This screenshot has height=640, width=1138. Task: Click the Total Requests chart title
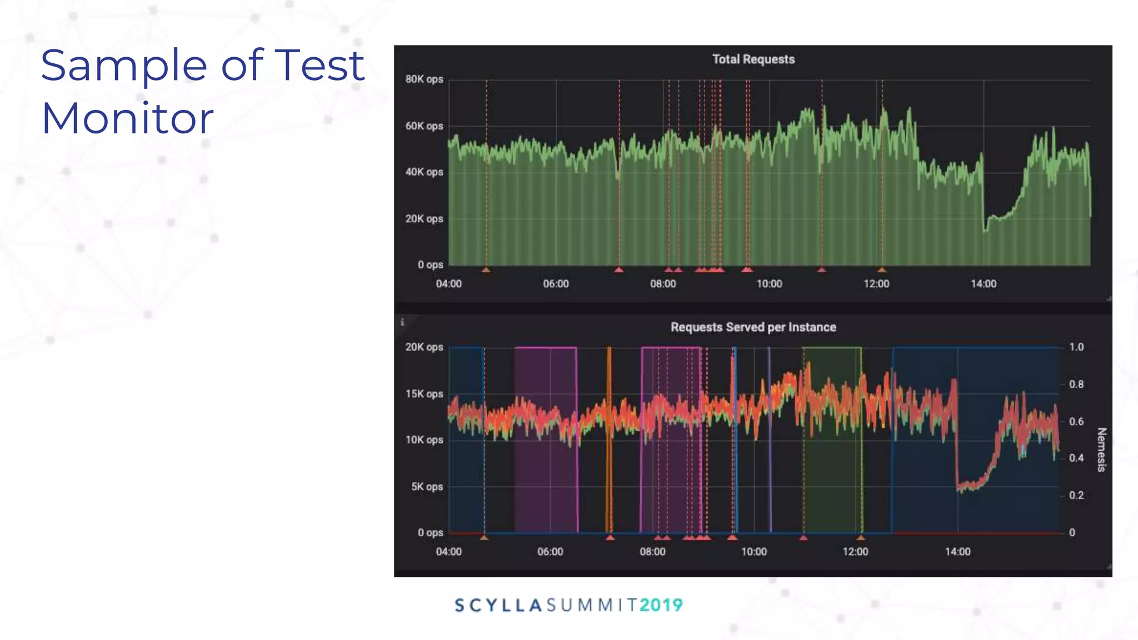[x=753, y=59]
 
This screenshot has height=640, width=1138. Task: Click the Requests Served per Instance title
[x=753, y=327]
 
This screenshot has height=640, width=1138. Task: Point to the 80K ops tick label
[x=424, y=79]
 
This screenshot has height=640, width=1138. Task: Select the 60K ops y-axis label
[x=424, y=126]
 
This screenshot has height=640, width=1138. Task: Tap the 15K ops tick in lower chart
[x=424, y=394]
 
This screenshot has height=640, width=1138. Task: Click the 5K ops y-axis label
[x=427, y=487]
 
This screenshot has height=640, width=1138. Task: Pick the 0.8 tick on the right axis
[x=1076, y=384]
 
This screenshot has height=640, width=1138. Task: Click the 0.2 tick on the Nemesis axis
[x=1076, y=496]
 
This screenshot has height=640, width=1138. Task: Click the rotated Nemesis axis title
[x=1101, y=449]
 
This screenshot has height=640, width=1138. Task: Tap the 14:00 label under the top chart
[x=983, y=284]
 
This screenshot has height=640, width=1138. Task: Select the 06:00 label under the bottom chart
[x=550, y=552]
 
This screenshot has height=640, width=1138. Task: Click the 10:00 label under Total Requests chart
[x=769, y=284]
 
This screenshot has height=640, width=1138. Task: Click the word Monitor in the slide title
[x=127, y=118]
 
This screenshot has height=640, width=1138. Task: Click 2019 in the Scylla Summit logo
[x=661, y=605]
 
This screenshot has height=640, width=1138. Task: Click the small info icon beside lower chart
[x=402, y=322]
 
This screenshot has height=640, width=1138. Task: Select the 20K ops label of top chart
[x=424, y=219]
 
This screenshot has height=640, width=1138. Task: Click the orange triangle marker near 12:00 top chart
[x=882, y=270]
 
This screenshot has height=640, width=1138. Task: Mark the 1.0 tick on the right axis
[x=1076, y=347]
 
